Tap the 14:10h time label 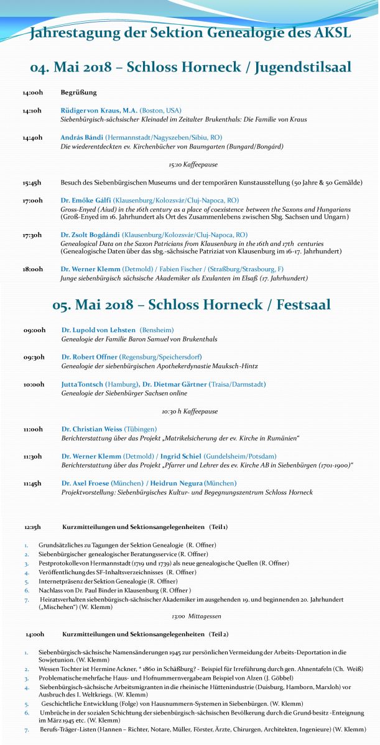click(x=32, y=111)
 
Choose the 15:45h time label click(x=32, y=183)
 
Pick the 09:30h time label click(x=34, y=358)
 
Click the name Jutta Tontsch click(x=82, y=384)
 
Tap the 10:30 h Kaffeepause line click(x=190, y=411)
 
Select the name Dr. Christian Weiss click(x=91, y=429)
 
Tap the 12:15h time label click(x=33, y=526)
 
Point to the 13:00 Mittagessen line click(x=187, y=616)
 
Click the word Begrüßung click(x=79, y=93)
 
